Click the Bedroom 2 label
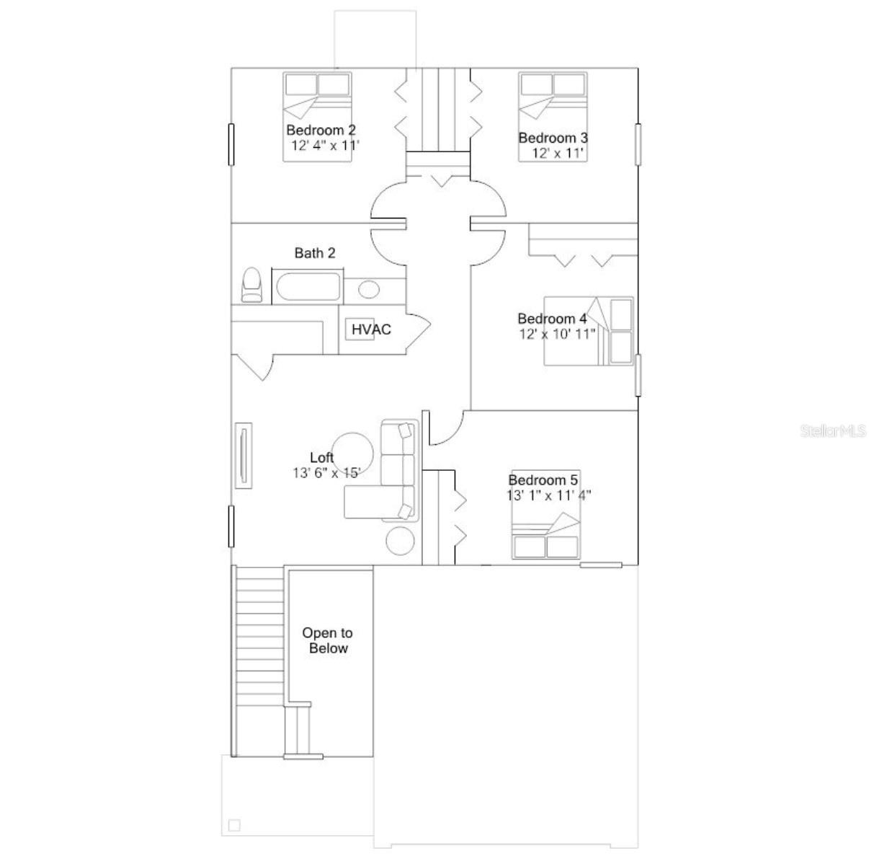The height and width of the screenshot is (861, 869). click(321, 131)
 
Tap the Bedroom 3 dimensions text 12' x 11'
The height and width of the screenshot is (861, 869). click(557, 153)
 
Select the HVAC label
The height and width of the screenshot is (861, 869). click(371, 330)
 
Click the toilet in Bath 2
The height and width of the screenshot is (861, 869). click(251, 286)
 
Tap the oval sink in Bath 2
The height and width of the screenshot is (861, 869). click(369, 290)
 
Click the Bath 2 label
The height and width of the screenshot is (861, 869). click(315, 253)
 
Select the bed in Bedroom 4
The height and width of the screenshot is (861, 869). click(589, 331)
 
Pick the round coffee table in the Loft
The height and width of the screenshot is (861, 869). click(352, 453)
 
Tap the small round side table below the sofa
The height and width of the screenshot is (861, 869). click(399, 540)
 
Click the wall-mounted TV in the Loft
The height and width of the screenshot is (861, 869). click(244, 455)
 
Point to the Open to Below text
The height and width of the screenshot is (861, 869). click(328, 640)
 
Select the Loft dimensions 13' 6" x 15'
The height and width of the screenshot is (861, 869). click(326, 473)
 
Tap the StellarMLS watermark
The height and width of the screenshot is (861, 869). click(832, 431)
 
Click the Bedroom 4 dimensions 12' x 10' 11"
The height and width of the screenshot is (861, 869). click(557, 334)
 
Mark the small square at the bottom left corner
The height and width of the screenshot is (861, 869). click(234, 825)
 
